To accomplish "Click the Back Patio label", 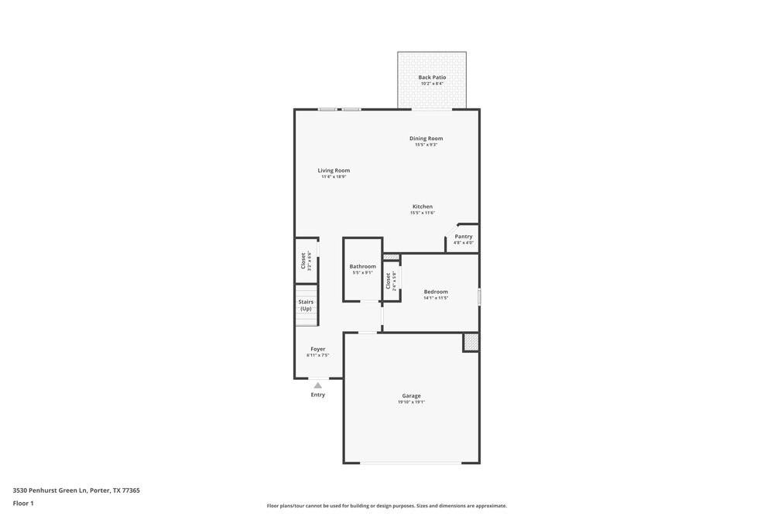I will pos(432,77).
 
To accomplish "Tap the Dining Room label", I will pos(426,138).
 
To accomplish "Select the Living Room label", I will pos(334,170).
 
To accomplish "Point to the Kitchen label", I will pos(423,207).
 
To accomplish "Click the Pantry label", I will pos(464,237).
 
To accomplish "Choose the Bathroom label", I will pos(362,266).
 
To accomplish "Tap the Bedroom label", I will pos(436,292).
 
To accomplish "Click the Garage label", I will pos(411,395).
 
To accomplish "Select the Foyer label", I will pos(318,349).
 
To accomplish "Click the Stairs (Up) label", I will pos(307,305).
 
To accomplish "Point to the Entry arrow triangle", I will pos(318,384).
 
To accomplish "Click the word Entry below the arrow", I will pos(318,395).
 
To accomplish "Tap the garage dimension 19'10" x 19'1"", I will pos(411,402).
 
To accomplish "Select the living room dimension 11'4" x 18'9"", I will pos(334,177).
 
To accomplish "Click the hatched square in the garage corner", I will pos(471,342).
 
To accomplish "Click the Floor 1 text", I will pos(23,503).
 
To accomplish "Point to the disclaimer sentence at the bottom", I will pos(387,506).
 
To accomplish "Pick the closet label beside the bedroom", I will pos(389,280).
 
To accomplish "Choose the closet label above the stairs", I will pos(303,260).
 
